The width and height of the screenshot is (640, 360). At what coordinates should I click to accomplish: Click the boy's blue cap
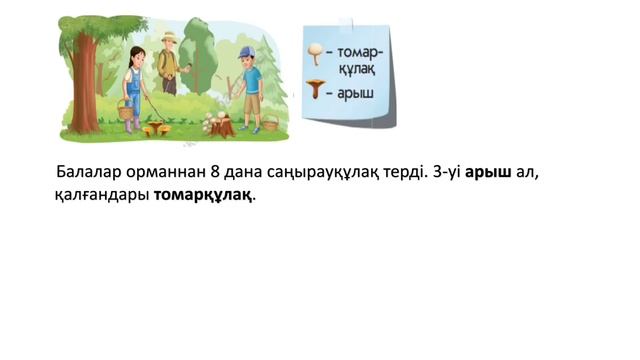click(x=247, y=51)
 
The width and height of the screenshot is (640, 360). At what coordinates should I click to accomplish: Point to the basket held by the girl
click(x=126, y=109)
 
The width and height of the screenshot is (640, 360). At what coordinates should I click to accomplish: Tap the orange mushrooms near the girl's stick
click(x=155, y=128)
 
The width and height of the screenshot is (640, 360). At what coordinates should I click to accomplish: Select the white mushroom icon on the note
click(x=316, y=48)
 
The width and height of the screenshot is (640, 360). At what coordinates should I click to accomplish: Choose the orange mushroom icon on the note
click(x=315, y=90)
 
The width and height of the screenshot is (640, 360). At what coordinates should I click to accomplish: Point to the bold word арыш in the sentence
click(x=489, y=172)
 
